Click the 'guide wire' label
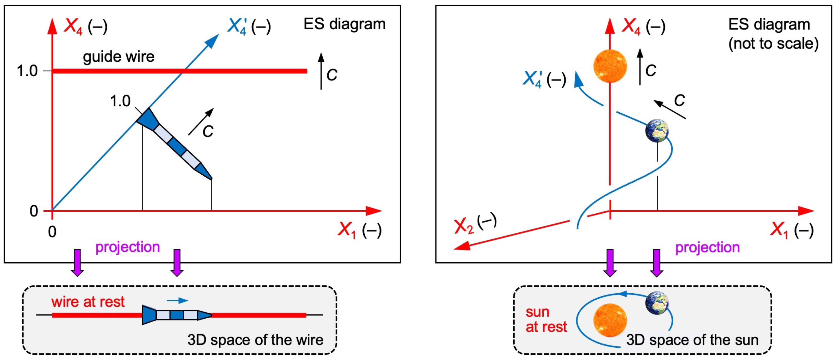119,57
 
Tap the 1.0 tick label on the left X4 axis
27,71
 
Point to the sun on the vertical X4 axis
610,66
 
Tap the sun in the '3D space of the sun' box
610,321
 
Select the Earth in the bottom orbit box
657,303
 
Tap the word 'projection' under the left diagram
127,247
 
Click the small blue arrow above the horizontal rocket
177,300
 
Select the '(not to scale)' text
773,43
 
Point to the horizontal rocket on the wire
177,315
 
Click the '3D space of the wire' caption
256,340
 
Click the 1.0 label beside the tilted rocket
120,101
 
